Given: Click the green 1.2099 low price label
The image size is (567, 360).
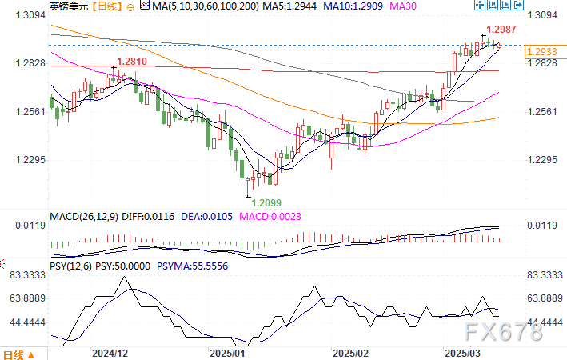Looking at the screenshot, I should (x=266, y=202).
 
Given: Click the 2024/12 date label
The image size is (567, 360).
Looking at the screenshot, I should (x=110, y=352).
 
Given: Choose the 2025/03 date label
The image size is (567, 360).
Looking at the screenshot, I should (x=462, y=352).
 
